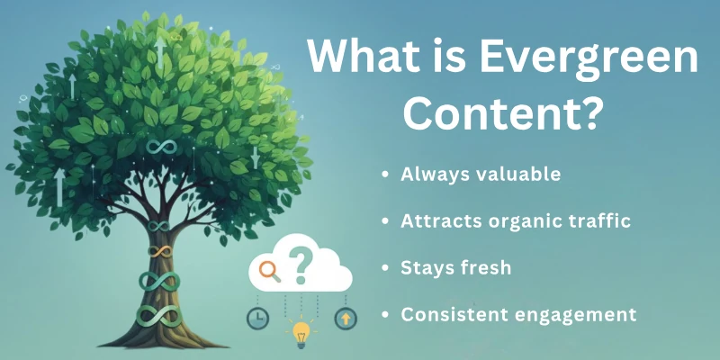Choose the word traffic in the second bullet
tap(598, 220)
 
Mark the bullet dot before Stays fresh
tap(385, 269)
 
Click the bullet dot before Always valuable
tap(385, 175)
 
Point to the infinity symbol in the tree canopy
tap(160, 146)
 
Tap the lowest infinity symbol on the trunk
tap(158, 314)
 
